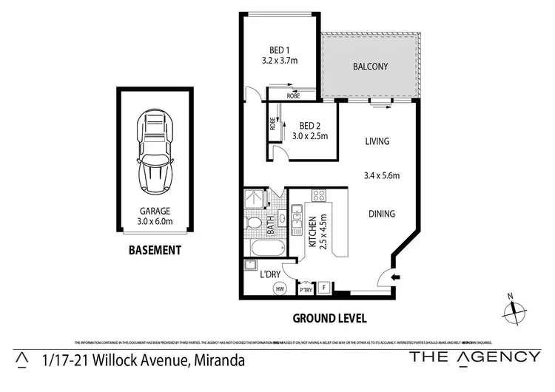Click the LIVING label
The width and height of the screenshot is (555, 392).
point(377,141)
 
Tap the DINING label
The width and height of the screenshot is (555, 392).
point(382,214)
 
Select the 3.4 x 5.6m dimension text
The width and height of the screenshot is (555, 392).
point(382,175)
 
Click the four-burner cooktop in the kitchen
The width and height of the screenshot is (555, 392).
point(319,196)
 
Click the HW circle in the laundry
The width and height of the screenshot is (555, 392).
point(280,289)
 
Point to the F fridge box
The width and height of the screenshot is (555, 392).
point(323,288)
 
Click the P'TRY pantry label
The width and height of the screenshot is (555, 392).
point(305,290)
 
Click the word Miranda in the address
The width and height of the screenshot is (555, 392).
point(218,360)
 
